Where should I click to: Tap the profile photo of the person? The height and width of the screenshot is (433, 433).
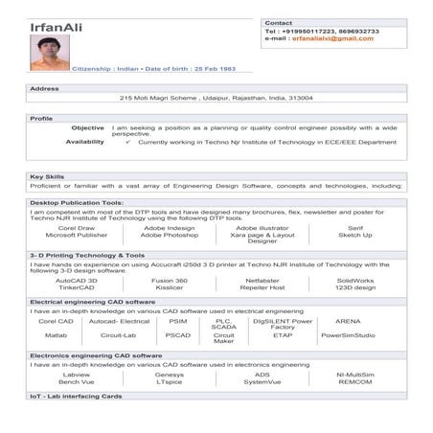pyautogui.click(x=49, y=55)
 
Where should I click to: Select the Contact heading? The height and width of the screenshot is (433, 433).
pyautogui.click(x=278, y=22)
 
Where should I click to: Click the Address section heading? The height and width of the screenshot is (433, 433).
pyautogui.click(x=45, y=88)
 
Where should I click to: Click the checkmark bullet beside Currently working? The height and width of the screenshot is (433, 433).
pyautogui.click(x=128, y=142)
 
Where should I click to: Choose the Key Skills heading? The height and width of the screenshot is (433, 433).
pyautogui.click(x=47, y=176)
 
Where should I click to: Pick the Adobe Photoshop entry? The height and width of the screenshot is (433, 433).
pyautogui.click(x=169, y=235)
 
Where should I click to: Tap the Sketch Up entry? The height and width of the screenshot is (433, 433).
pyautogui.click(x=354, y=235)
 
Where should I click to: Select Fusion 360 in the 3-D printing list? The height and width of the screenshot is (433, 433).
pyautogui.click(x=169, y=280)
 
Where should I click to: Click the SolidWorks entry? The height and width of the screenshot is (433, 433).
pyautogui.click(x=354, y=280)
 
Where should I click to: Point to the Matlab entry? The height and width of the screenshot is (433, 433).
pyautogui.click(x=56, y=335)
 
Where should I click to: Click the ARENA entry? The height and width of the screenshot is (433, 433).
pyautogui.click(x=348, y=321)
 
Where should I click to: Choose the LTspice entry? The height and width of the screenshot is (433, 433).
pyautogui.click(x=169, y=381)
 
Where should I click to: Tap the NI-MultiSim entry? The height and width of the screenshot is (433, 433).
pyautogui.click(x=354, y=375)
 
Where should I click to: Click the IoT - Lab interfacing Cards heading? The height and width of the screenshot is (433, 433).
pyautogui.click(x=77, y=396)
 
